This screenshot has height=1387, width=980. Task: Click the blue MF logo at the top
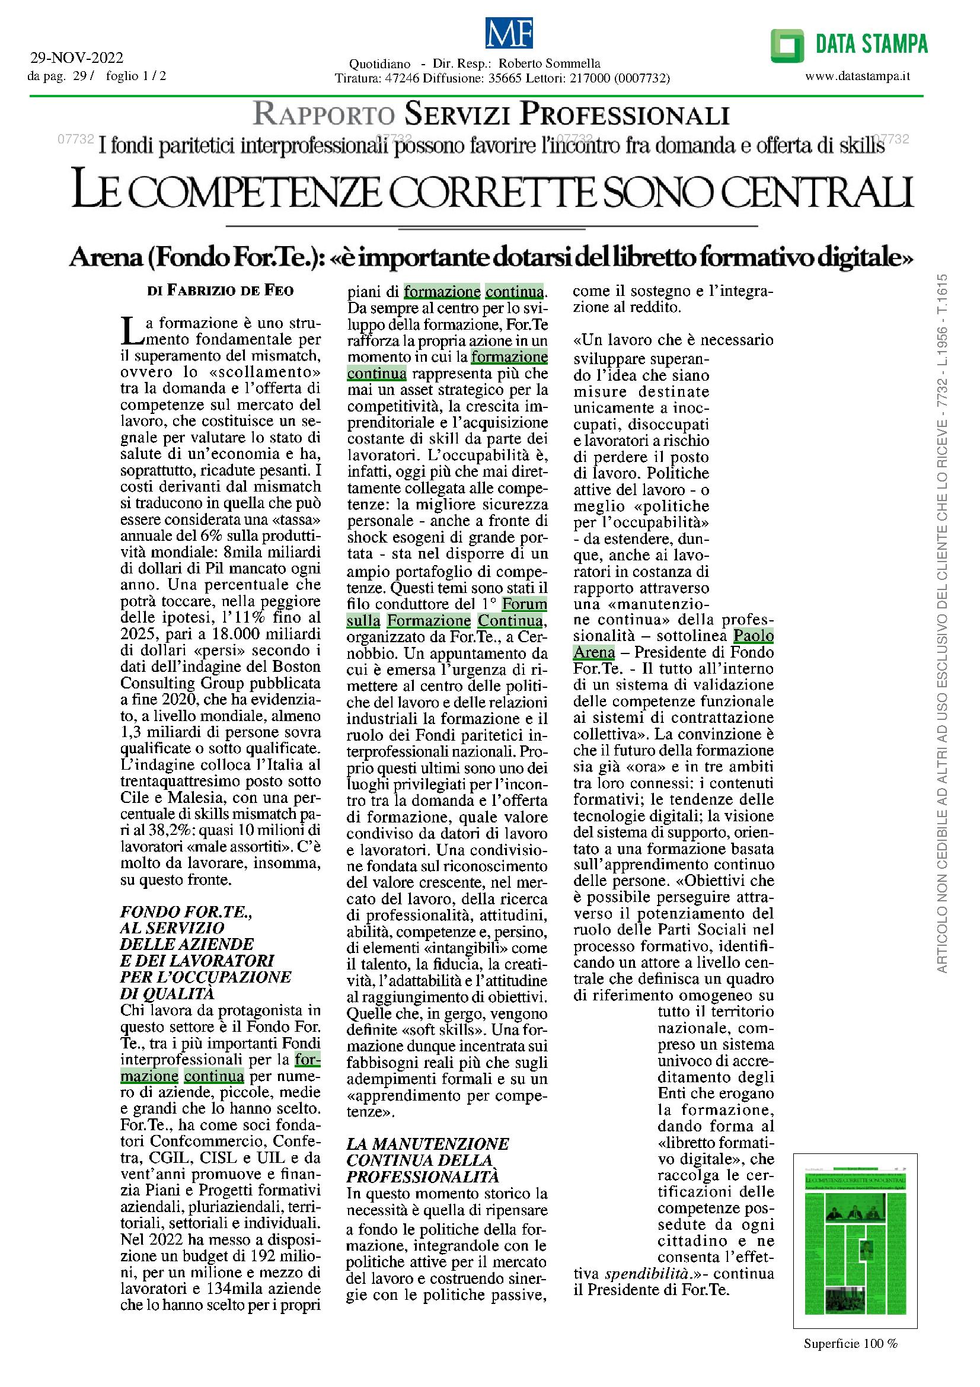coord(509,33)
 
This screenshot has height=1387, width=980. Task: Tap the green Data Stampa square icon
coord(787,45)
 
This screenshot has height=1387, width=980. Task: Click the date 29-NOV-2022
coord(76,58)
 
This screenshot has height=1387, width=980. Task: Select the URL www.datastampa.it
coord(857,76)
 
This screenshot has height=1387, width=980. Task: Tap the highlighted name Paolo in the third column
coord(753,636)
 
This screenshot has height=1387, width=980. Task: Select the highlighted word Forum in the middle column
coord(524,604)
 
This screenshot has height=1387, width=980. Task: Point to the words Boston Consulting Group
coord(221,675)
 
